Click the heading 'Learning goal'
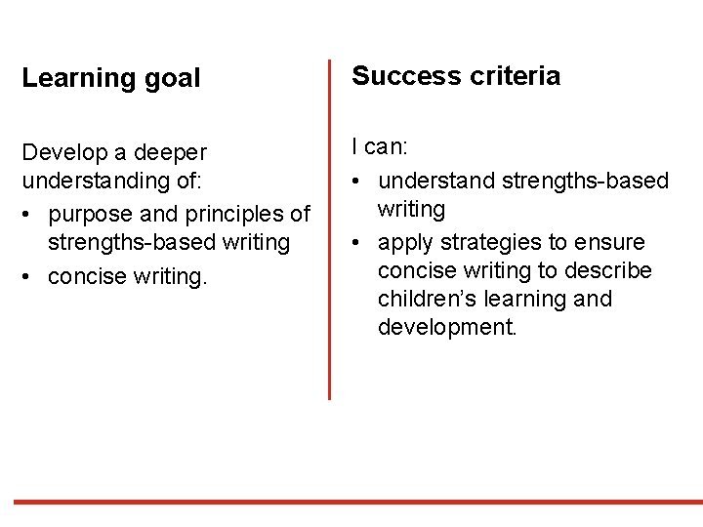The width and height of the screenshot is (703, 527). [110, 79]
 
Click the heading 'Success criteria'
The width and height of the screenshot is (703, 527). [456, 76]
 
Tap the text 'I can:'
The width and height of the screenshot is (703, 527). [380, 147]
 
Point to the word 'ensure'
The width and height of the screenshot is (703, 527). [611, 241]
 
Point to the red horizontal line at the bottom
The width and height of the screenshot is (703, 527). [351, 502]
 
